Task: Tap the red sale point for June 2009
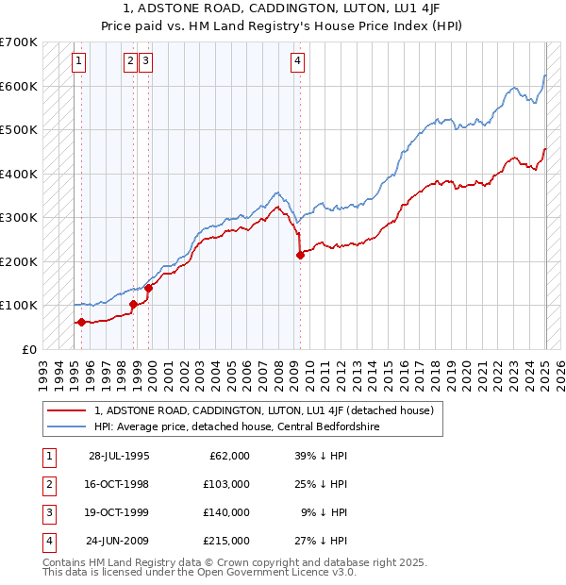click(x=300, y=255)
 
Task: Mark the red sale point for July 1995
click(x=81, y=322)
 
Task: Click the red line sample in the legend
click(x=66, y=410)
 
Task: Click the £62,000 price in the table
click(x=229, y=455)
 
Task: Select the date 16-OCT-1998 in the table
click(x=118, y=483)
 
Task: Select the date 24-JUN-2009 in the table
click(x=118, y=541)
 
